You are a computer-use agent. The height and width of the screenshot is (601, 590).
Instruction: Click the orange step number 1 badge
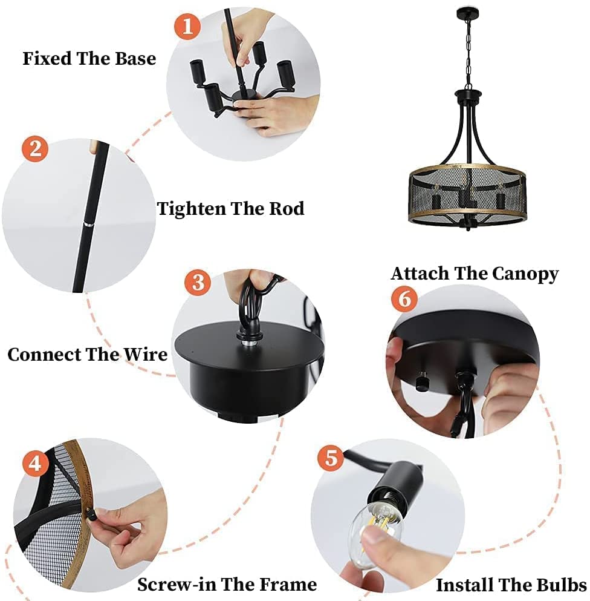coord(187,26)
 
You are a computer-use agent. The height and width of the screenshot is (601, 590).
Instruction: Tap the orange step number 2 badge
coord(35,148)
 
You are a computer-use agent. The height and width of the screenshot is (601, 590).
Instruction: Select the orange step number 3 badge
coord(198,283)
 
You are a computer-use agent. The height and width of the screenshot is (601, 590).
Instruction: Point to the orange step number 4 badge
coord(35,463)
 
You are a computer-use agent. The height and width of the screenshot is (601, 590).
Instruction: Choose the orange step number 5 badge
coord(331,458)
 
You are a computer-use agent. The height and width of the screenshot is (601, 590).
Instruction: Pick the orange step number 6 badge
coord(404,298)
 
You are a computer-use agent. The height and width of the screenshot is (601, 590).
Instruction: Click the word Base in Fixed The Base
coord(135,58)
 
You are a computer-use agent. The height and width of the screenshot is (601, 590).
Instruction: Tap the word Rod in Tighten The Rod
coord(287,209)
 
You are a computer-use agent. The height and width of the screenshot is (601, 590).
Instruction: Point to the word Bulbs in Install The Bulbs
coord(562,585)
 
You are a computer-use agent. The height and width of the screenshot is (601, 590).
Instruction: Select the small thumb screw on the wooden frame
coord(91,514)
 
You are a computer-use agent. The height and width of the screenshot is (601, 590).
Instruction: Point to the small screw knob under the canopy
coord(421,381)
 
